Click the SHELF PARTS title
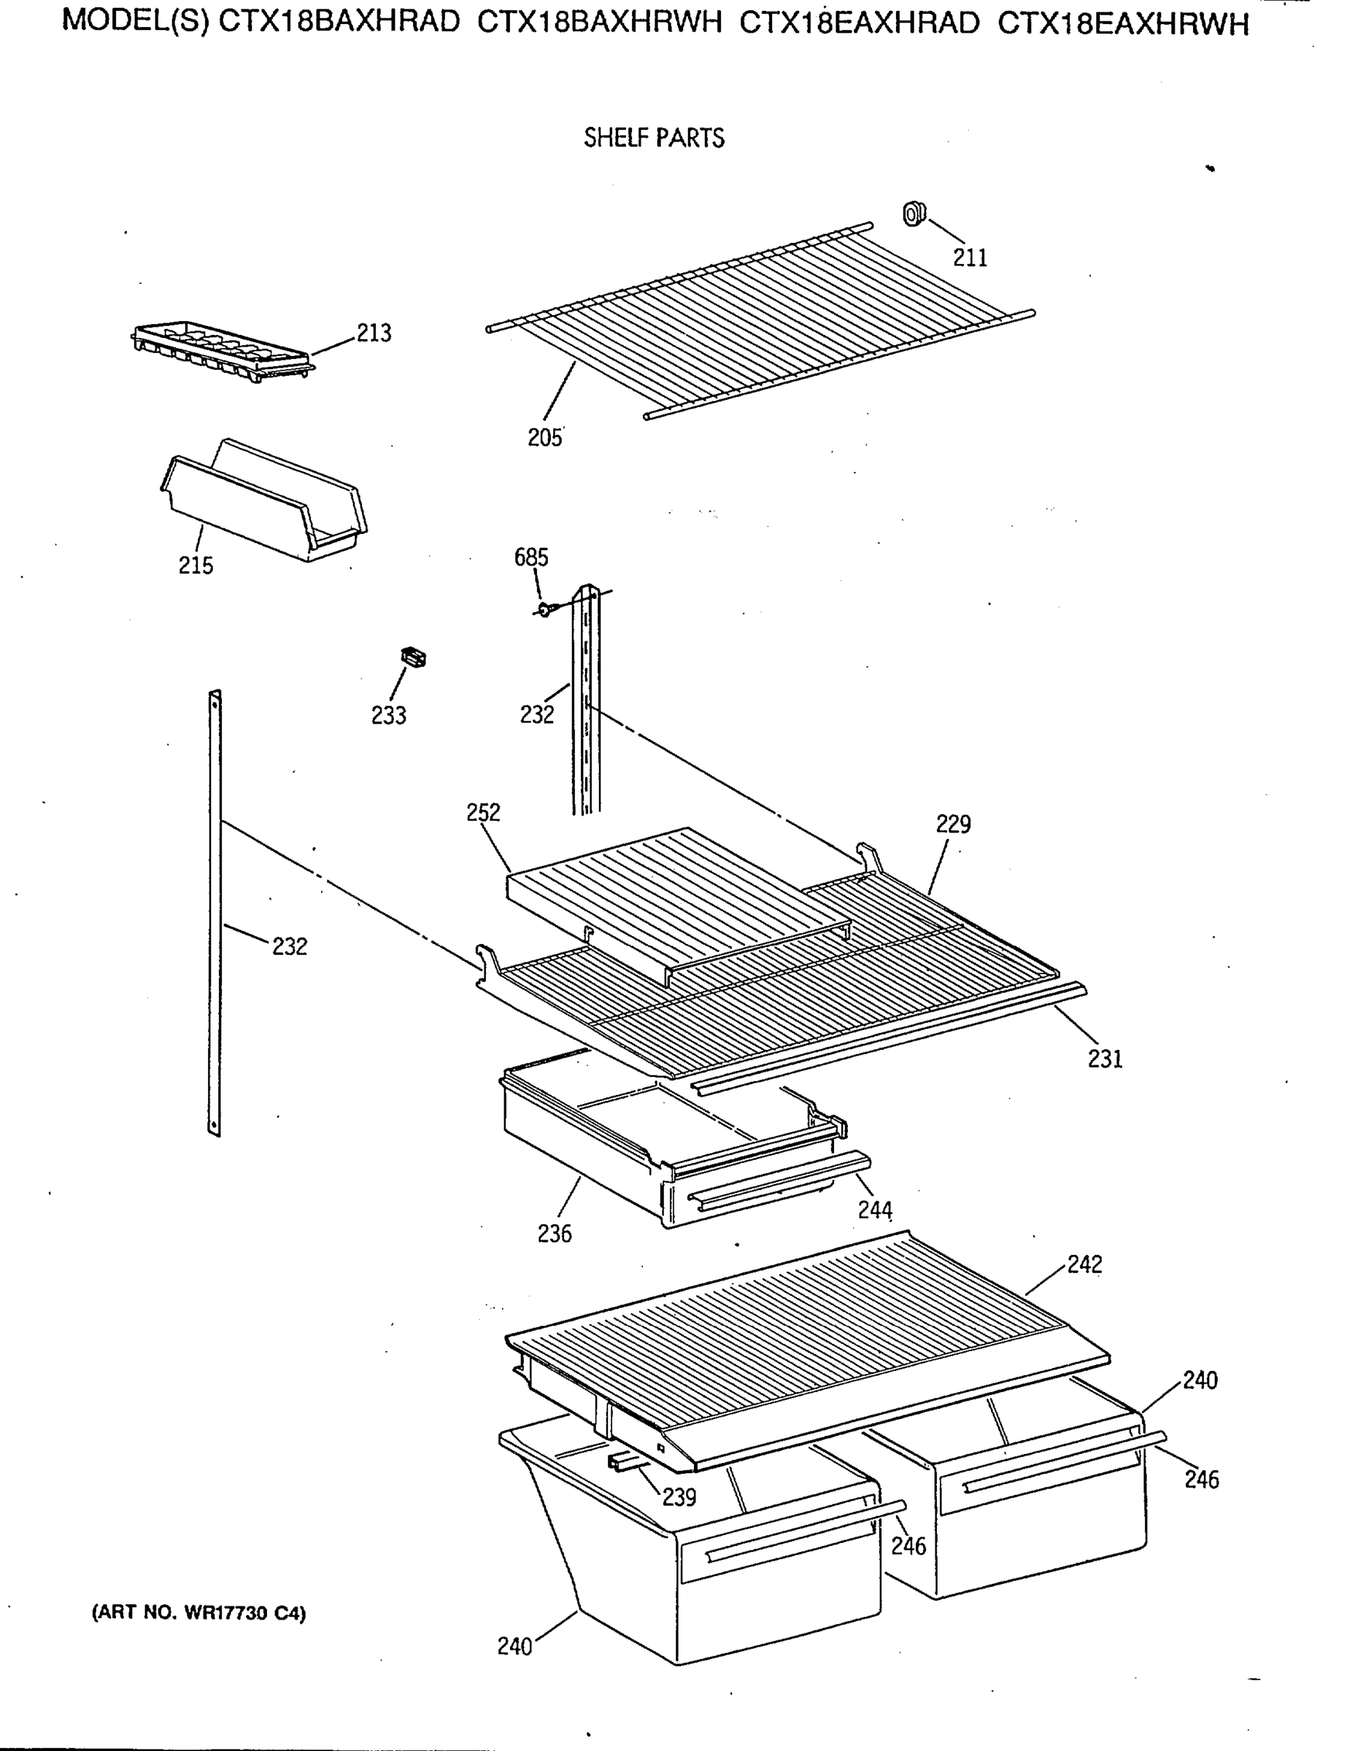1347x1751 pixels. (x=654, y=138)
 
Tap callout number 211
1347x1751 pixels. (x=970, y=258)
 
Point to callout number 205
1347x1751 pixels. (x=544, y=438)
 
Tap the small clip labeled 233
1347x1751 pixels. (x=413, y=657)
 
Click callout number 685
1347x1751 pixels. (x=530, y=557)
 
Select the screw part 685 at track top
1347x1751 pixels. (x=546, y=610)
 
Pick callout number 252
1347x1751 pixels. (x=484, y=812)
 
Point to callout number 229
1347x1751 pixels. (x=953, y=824)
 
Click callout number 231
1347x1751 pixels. (x=1105, y=1059)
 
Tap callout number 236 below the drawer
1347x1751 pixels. (x=555, y=1233)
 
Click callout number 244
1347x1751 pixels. (x=876, y=1210)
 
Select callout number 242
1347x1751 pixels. (x=1085, y=1264)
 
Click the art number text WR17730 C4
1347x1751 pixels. (x=199, y=1612)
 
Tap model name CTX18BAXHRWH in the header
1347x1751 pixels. (x=600, y=23)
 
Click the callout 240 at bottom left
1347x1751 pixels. (x=514, y=1646)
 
